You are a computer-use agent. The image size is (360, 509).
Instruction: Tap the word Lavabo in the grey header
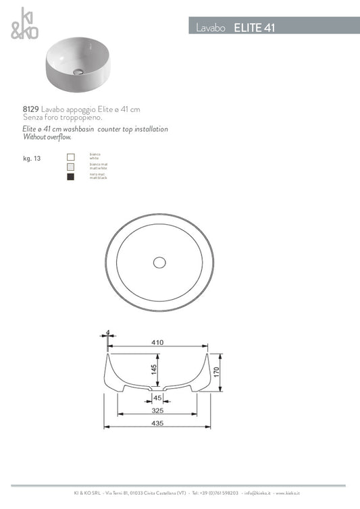[212, 28]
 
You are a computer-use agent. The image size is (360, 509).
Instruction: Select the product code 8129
[31, 108]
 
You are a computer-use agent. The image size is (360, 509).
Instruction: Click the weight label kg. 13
[31, 159]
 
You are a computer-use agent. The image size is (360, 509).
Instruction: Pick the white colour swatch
[71, 157]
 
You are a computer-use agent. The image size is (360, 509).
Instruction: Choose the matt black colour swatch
[71, 177]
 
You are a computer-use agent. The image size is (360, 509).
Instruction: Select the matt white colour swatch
[71, 167]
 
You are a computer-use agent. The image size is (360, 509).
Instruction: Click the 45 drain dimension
[157, 398]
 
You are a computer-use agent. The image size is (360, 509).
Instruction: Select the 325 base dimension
[157, 410]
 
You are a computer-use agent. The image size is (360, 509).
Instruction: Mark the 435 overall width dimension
[157, 423]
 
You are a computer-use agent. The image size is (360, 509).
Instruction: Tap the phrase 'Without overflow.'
[47, 136]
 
